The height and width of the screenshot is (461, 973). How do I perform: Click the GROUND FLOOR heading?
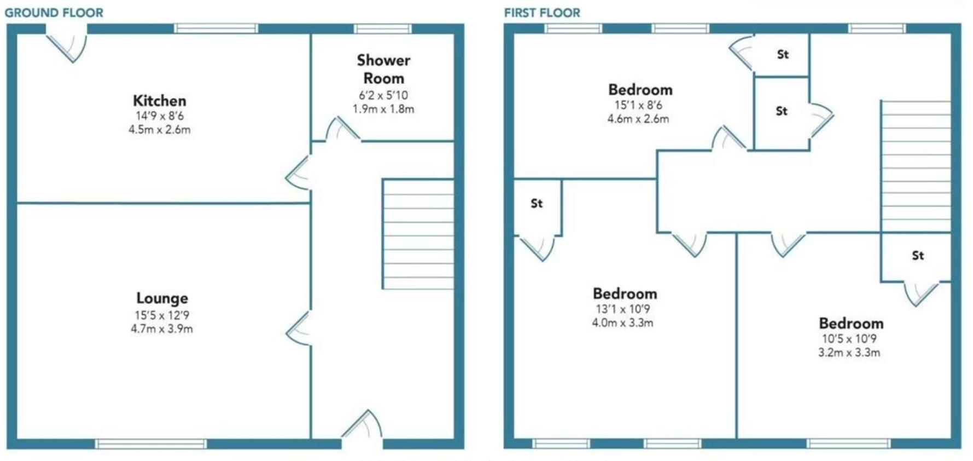coord(54,13)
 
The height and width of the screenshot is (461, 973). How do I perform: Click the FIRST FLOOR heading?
coord(542,13)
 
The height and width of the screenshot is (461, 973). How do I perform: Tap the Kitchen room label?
coord(160,101)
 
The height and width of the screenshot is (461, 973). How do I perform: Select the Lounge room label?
coord(162,298)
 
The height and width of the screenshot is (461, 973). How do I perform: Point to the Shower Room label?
coord(383,69)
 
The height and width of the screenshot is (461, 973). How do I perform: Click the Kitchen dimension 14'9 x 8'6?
coord(160,116)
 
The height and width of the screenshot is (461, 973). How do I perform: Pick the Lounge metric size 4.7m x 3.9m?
coord(162,329)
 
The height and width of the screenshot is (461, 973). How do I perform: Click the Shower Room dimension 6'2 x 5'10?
coord(383,95)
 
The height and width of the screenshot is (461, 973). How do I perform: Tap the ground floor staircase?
coord(418,234)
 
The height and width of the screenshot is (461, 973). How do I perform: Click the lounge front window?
coord(151,443)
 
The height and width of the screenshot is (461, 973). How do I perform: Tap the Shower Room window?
coord(382,28)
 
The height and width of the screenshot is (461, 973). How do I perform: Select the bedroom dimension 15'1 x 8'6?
coord(638,105)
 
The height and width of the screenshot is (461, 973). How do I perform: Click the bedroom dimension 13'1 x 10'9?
coord(623,309)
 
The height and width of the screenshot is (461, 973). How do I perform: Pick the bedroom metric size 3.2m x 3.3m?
coord(849,353)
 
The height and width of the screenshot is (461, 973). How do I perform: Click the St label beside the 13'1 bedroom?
coord(537,204)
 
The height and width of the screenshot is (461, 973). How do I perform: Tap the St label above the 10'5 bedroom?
coord(918,255)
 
